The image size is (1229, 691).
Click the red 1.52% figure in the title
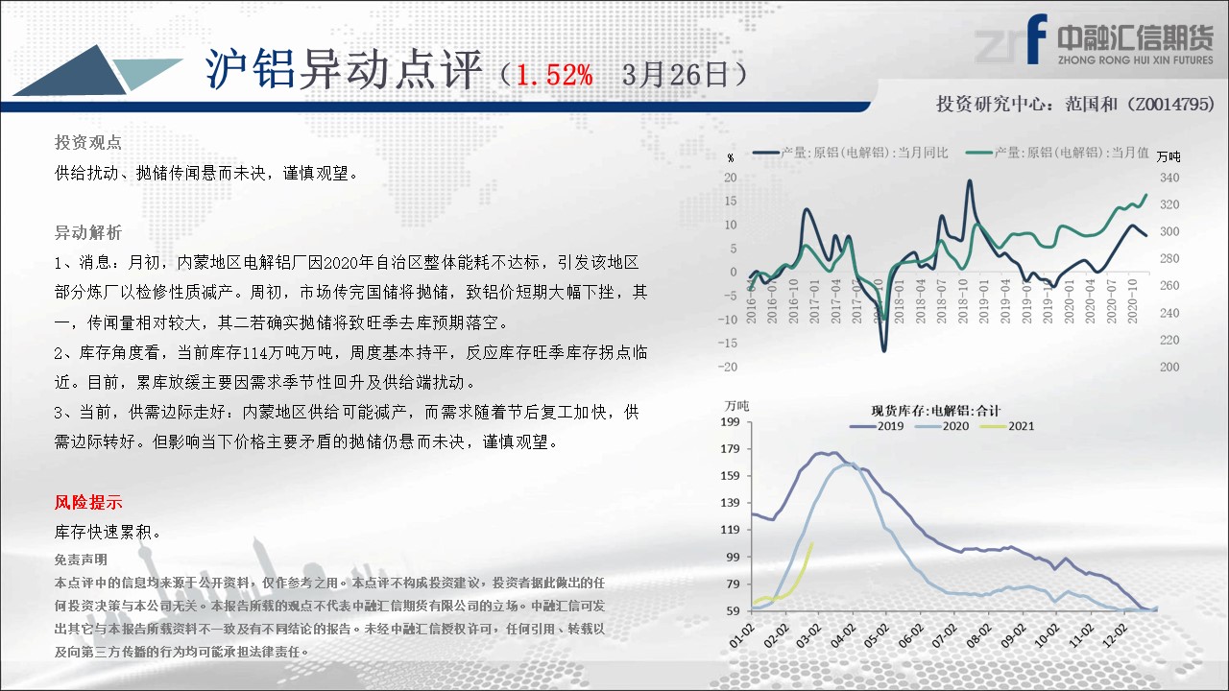[554, 75]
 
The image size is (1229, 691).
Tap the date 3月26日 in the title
[675, 75]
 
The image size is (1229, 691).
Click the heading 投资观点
[88, 143]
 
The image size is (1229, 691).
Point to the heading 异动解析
[88, 232]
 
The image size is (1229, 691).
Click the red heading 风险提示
[88, 502]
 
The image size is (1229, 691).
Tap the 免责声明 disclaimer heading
[81, 560]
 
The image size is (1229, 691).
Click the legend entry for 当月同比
[851, 153]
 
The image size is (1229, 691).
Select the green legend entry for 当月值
[1057, 153]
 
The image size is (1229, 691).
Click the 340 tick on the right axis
[1169, 178]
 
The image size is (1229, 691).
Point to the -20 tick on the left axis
[728, 367]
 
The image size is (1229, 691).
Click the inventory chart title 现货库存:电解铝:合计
[936, 410]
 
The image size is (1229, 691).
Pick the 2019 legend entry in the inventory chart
[877, 426]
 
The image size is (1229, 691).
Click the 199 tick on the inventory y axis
[731, 421]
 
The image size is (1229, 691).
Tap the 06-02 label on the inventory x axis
[911, 636]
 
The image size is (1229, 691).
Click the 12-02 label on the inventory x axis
[1115, 636]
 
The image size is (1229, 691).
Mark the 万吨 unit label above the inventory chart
[736, 406]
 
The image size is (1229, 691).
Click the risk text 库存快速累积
[108, 532]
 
